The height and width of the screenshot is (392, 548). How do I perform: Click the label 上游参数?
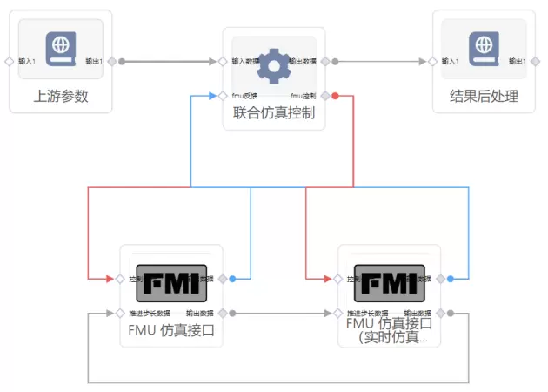click(61, 96)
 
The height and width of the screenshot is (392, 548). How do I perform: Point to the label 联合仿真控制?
click(273, 112)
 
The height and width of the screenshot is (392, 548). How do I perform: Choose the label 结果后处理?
click(484, 96)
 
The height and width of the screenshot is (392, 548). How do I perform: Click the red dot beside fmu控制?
click(335, 95)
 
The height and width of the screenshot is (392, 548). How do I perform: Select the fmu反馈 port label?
click(245, 95)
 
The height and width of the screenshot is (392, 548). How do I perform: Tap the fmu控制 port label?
click(303, 95)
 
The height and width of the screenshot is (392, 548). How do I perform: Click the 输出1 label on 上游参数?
click(94, 62)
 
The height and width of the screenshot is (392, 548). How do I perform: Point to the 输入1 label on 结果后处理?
click(450, 62)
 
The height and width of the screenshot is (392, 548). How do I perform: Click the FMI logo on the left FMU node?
click(171, 282)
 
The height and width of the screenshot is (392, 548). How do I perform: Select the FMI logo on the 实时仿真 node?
click(390, 282)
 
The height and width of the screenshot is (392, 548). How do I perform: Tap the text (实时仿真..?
click(389, 337)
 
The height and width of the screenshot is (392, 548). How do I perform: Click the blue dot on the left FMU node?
click(233, 279)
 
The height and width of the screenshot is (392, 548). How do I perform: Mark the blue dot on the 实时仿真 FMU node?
click(451, 279)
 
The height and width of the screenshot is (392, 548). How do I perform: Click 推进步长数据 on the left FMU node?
click(147, 313)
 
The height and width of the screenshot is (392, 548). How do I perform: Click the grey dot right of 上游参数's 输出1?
click(122, 62)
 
